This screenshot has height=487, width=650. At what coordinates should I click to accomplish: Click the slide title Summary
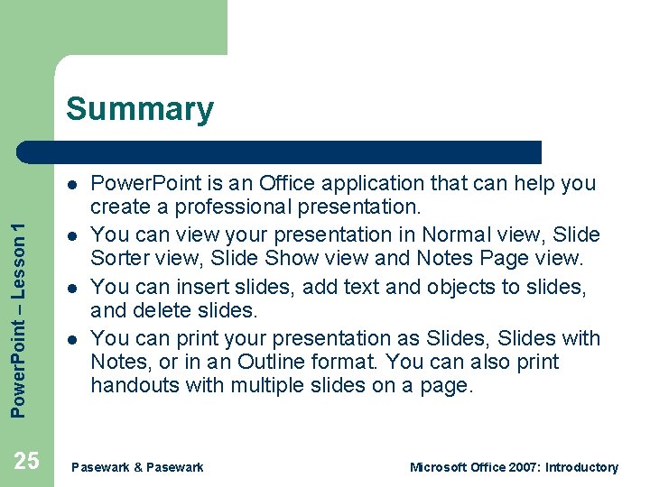click(140, 109)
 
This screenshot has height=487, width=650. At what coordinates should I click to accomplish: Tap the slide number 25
click(27, 462)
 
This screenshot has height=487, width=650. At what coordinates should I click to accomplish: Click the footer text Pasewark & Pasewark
click(137, 467)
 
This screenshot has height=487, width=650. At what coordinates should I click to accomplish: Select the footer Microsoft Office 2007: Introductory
click(514, 467)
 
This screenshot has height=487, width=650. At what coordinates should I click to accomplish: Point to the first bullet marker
click(70, 184)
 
